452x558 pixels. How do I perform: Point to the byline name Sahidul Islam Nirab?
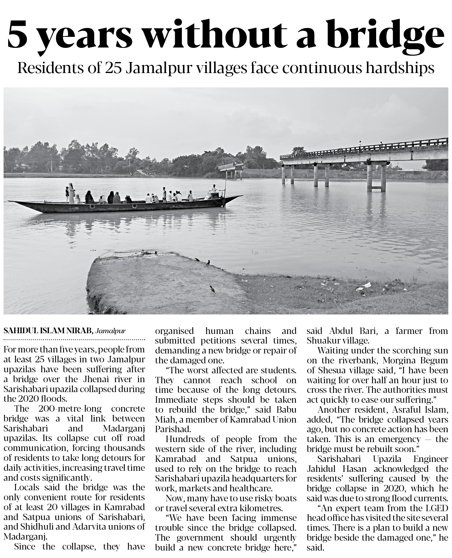point(48,331)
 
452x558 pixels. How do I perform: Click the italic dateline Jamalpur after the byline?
point(111,331)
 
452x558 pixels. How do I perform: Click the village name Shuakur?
point(323,341)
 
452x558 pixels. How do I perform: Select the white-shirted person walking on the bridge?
point(360,143)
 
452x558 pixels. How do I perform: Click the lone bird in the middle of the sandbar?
point(212,289)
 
